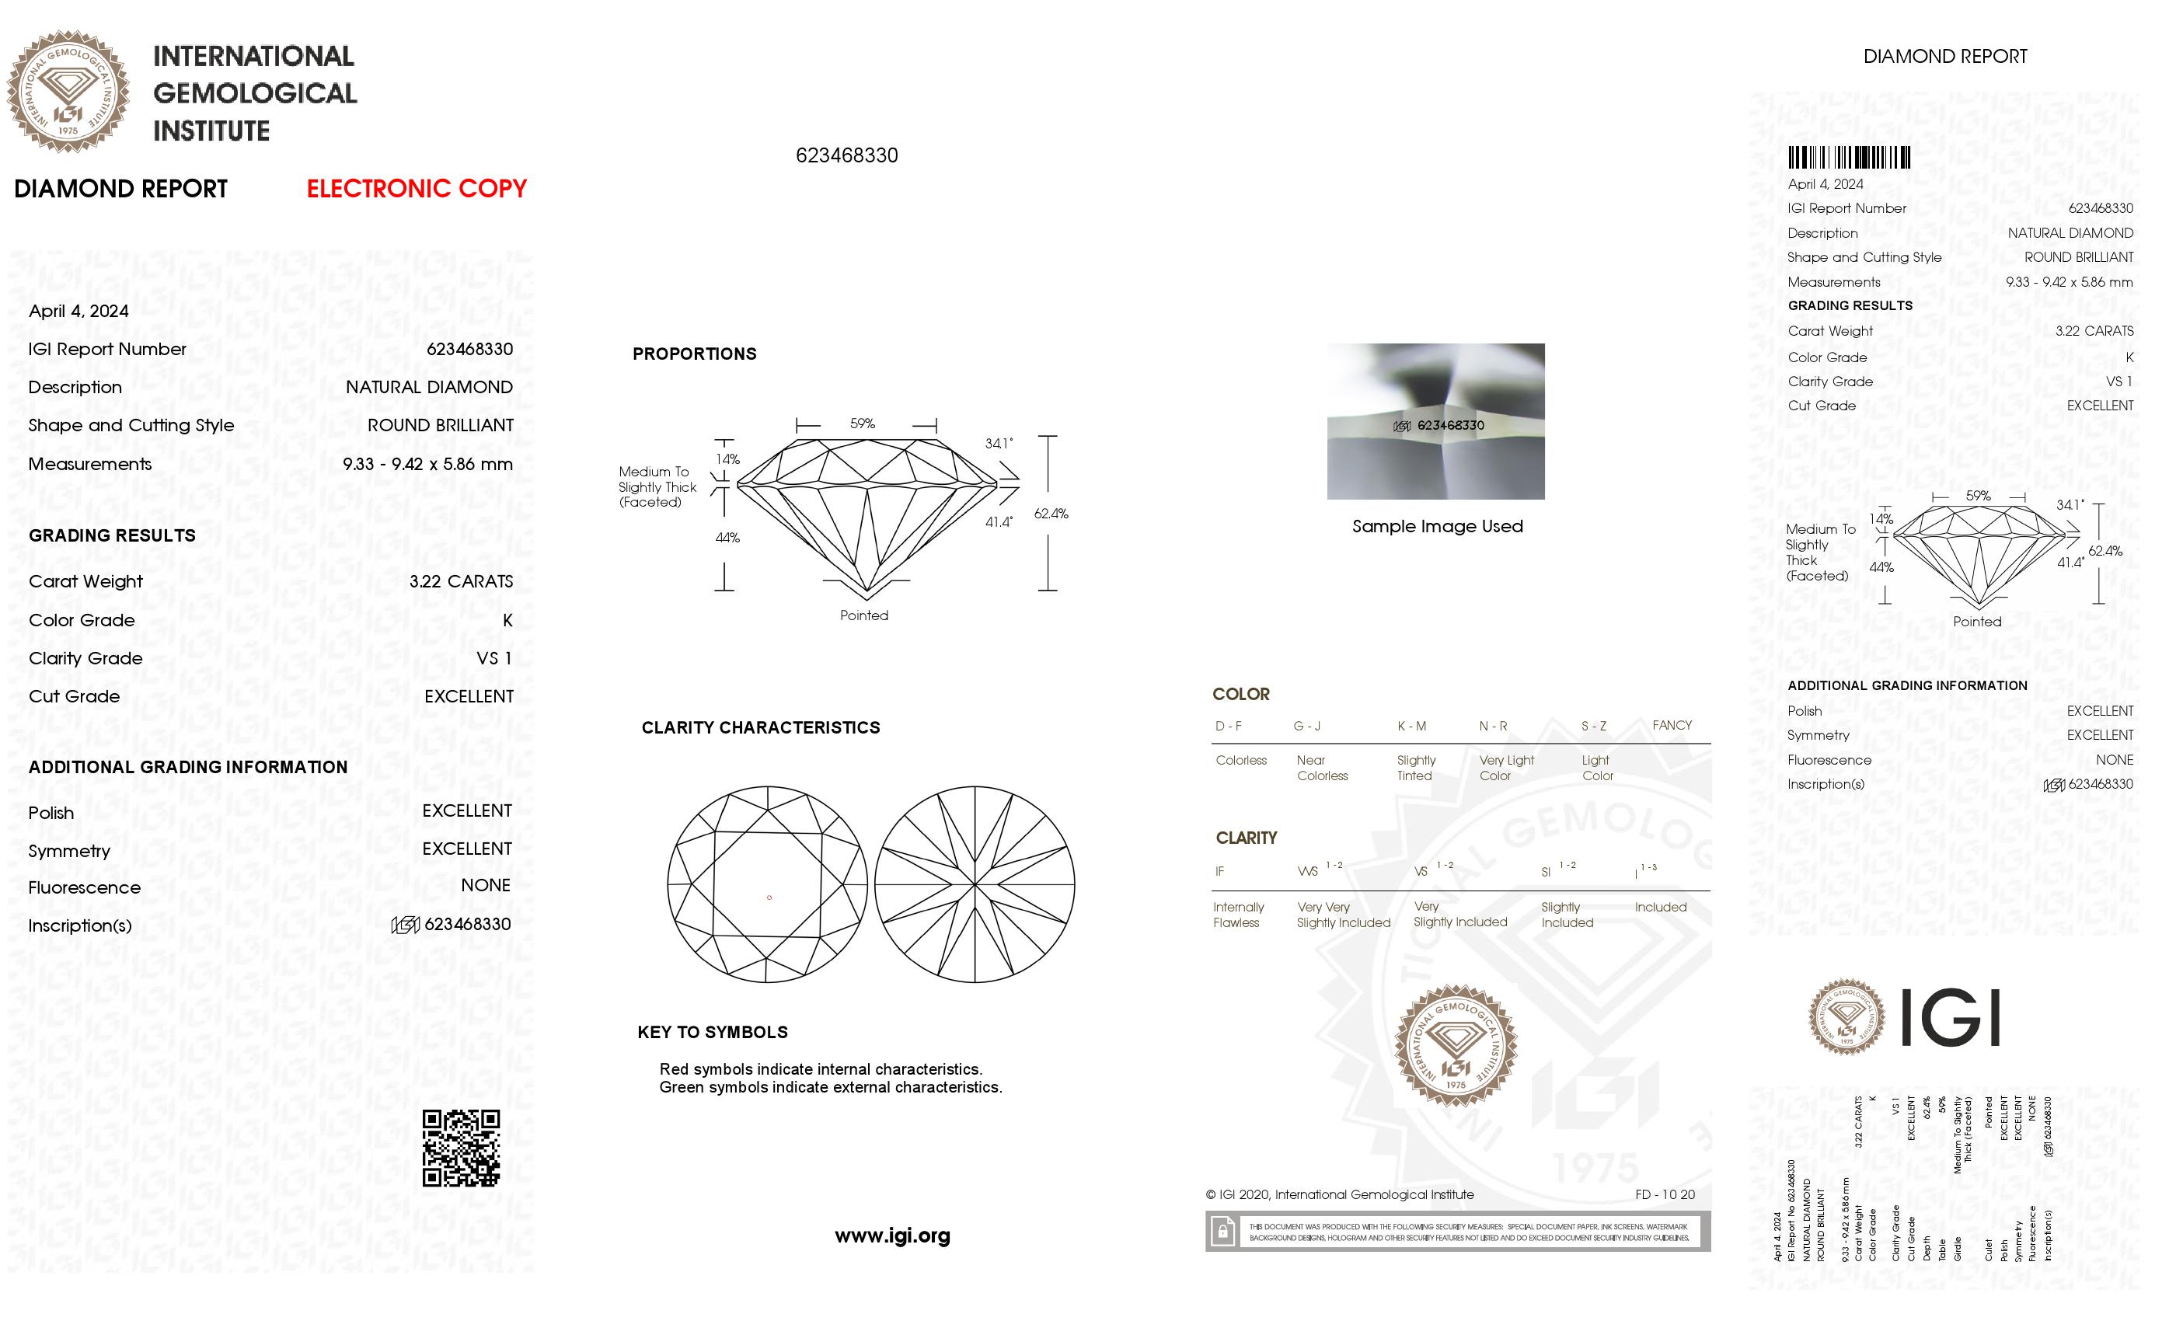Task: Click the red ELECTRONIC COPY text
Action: click(x=416, y=189)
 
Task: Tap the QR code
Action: click(x=461, y=1148)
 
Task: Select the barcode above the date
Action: click(x=1848, y=158)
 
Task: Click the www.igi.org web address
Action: click(x=892, y=1236)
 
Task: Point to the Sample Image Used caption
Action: click(x=1437, y=526)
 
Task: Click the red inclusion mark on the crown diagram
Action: click(x=769, y=898)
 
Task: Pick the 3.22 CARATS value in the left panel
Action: click(x=461, y=581)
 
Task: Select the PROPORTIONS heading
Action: click(x=694, y=354)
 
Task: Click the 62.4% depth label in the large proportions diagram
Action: click(x=1051, y=513)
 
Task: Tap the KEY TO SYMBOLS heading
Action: click(x=713, y=1032)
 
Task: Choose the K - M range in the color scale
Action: click(x=1411, y=726)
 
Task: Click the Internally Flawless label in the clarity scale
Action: click(x=1238, y=915)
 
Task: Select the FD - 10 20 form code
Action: click(x=1665, y=1195)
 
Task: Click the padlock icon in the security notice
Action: click(x=1223, y=1231)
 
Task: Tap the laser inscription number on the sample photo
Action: click(x=1450, y=426)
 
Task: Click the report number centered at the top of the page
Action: click(x=846, y=155)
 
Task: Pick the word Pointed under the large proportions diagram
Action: click(x=863, y=615)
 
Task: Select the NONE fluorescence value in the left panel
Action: click(x=486, y=885)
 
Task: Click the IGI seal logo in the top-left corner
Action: click(x=68, y=91)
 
